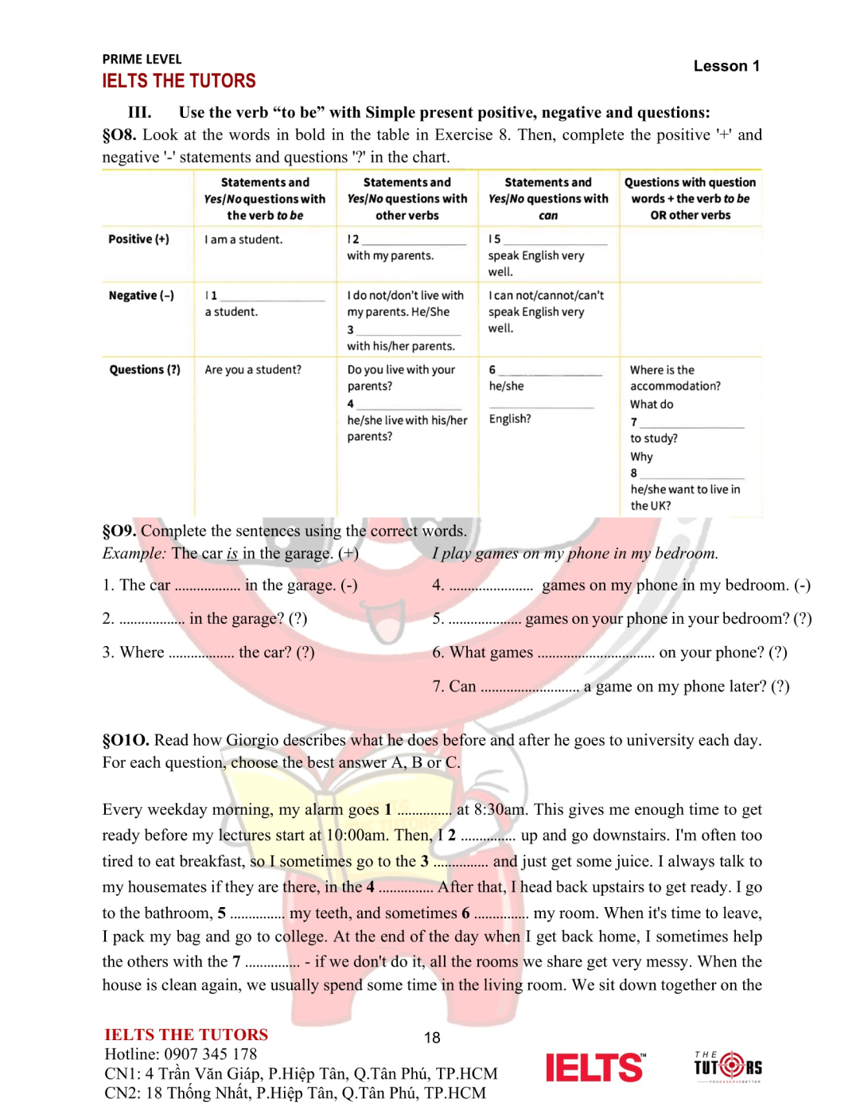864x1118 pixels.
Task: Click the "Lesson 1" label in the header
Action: pos(726,66)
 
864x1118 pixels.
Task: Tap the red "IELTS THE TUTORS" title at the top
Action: pos(178,81)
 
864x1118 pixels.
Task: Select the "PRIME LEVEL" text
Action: pos(142,59)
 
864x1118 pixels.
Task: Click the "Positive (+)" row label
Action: pos(138,239)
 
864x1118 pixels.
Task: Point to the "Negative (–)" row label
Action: pos(141,295)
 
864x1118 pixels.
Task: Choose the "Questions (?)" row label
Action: pos(145,369)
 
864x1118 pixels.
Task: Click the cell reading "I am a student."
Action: pos(243,240)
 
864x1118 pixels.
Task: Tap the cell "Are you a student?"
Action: pos(253,369)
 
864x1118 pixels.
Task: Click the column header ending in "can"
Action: pos(548,199)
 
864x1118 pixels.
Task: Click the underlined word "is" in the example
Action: pos(232,553)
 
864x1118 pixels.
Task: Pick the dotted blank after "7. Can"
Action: pos(530,688)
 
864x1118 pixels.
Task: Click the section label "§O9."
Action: pos(119,531)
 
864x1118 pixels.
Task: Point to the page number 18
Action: pos(432,1038)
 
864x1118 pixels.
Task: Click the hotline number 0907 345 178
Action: pos(210,1054)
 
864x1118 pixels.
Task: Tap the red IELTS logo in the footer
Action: pos(594,1067)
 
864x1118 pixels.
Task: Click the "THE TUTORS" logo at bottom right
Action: pos(727,1065)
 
